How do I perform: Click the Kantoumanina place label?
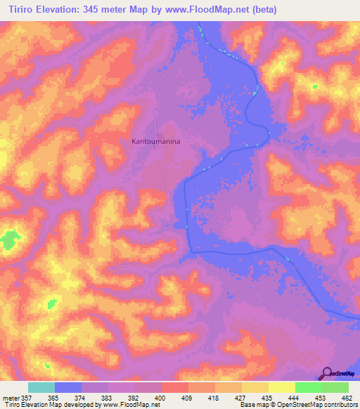(156, 141)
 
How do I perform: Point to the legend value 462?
(348, 397)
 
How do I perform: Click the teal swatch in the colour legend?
(41, 387)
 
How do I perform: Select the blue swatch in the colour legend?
(68, 387)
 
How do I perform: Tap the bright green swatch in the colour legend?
(308, 387)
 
